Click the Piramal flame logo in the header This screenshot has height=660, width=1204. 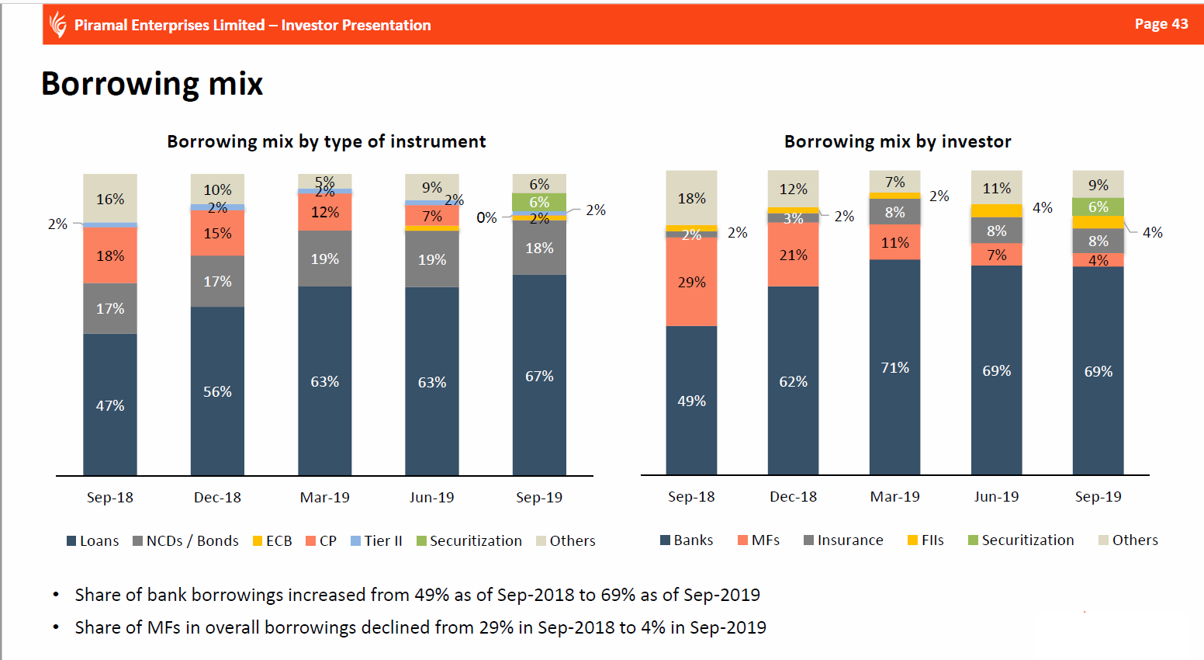click(x=57, y=25)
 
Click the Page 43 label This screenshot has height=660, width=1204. click(x=1161, y=24)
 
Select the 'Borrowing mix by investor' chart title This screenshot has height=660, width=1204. click(x=898, y=141)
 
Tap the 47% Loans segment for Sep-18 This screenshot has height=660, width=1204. click(x=110, y=405)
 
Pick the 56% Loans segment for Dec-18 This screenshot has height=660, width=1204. click(x=217, y=391)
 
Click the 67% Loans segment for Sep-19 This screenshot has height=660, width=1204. click(x=539, y=376)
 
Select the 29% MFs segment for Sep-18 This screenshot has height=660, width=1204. click(x=691, y=282)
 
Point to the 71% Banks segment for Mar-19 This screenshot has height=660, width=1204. click(x=895, y=367)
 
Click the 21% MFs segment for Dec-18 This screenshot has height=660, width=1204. click(x=794, y=255)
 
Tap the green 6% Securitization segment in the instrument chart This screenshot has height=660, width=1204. click(x=539, y=202)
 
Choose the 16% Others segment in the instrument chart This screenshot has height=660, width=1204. click(x=110, y=199)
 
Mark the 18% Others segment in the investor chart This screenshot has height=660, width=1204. click(x=691, y=198)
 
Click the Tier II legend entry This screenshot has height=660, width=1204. click(x=376, y=540)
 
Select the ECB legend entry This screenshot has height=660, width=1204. click(x=272, y=540)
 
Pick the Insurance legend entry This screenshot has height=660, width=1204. click(x=843, y=540)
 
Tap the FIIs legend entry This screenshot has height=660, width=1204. click(x=925, y=540)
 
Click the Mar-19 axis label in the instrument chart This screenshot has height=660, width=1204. click(x=324, y=497)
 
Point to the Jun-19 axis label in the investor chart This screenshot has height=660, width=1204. click(x=997, y=496)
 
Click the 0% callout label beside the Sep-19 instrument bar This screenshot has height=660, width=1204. click(x=486, y=217)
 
